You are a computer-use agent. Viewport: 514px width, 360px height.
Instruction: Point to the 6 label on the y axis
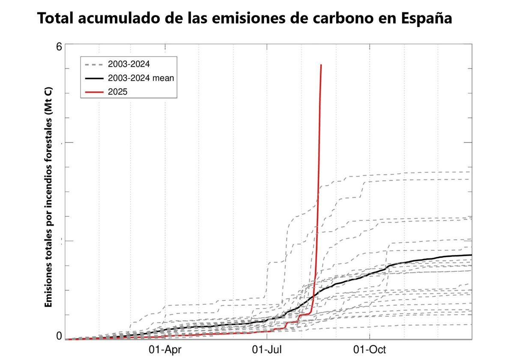59,47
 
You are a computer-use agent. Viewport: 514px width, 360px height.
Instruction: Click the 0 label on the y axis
59,336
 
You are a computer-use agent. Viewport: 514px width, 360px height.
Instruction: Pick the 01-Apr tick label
165,350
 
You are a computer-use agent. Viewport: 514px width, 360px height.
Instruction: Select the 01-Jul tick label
267,350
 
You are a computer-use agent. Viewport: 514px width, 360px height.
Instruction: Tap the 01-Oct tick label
370,350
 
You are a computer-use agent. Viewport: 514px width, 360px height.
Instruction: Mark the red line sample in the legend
94,92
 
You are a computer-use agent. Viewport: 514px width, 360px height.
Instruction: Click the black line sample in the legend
94,78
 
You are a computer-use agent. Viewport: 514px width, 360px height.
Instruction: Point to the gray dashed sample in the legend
94,65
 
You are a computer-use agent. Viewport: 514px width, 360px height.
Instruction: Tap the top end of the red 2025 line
321,65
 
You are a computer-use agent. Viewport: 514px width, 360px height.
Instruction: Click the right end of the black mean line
471,255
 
